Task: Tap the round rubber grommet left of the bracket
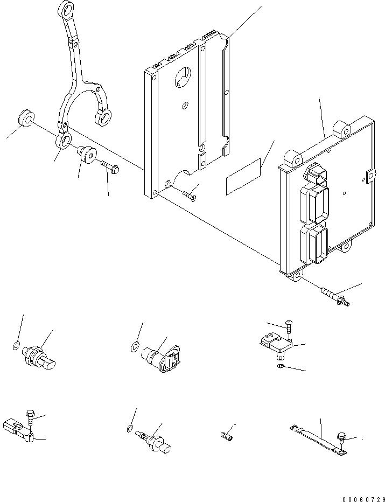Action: click(25, 117)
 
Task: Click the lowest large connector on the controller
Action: click(315, 245)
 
